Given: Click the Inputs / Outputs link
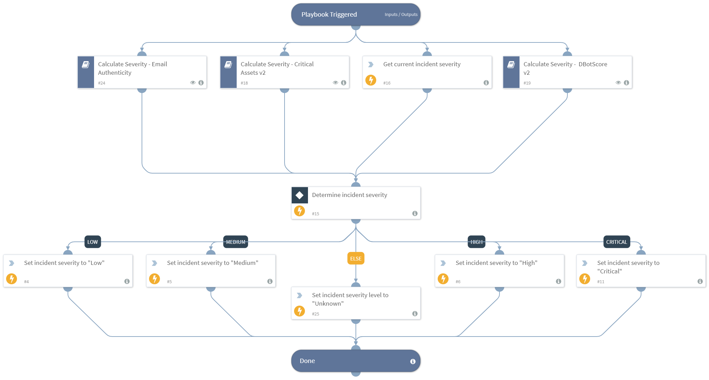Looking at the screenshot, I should pyautogui.click(x=401, y=15).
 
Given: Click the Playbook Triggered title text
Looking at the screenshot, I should pyautogui.click(x=329, y=15).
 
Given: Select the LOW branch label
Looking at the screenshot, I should pyautogui.click(x=92, y=242).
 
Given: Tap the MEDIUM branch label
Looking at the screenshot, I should pyautogui.click(x=235, y=242).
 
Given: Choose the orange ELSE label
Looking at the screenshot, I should pyautogui.click(x=356, y=258).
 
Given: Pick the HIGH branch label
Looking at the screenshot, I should pyautogui.click(x=476, y=242).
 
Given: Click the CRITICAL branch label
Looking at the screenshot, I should pyautogui.click(x=616, y=242).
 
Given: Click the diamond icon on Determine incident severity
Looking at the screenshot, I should pyautogui.click(x=299, y=195).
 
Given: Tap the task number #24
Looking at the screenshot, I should pyautogui.click(x=102, y=83).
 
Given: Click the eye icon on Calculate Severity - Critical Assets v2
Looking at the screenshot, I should pyautogui.click(x=335, y=83).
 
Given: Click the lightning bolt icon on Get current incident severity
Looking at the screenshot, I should pyautogui.click(x=370, y=80).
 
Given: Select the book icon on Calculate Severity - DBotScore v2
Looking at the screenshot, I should pyautogui.click(x=511, y=65).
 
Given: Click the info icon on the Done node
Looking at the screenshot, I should pyautogui.click(x=413, y=361).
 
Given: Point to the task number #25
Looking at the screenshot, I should pyautogui.click(x=315, y=314).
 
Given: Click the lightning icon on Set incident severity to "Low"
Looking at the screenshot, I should pyautogui.click(x=12, y=279).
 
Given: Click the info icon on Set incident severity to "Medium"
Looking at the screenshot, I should pyautogui.click(x=270, y=282).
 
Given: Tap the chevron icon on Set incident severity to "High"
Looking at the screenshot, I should pyautogui.click(x=443, y=263).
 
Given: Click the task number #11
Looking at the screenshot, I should pyautogui.click(x=600, y=282).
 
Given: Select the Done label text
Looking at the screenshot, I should pyautogui.click(x=307, y=361).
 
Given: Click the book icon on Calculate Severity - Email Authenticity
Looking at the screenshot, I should pyautogui.click(x=86, y=65).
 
